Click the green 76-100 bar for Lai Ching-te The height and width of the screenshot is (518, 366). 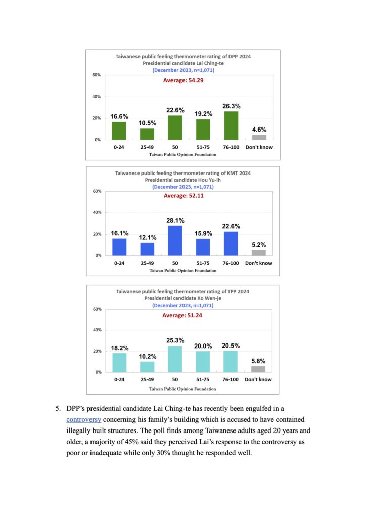[x=231, y=125]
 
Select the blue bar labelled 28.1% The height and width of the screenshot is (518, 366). [x=175, y=240]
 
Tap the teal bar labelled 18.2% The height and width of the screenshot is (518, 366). [x=119, y=363]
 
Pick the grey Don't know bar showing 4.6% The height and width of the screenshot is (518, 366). [x=259, y=137]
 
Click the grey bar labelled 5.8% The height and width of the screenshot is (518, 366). [x=258, y=369]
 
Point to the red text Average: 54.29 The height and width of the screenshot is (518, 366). [x=183, y=80]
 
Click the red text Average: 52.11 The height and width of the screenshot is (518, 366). [x=184, y=196]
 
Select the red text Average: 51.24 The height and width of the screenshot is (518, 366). [x=182, y=315]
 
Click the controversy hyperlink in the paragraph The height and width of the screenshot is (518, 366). [x=83, y=419]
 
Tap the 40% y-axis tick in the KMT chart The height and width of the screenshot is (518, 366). [x=97, y=212]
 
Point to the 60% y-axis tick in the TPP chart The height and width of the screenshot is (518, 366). [x=97, y=309]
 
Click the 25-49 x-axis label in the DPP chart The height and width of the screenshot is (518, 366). [x=147, y=147]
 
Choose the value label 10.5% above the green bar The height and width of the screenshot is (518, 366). [x=147, y=123]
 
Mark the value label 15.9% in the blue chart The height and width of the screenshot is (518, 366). [x=203, y=233]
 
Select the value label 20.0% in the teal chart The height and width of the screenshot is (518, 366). [x=203, y=346]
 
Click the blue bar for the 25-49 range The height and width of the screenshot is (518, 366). [x=147, y=249]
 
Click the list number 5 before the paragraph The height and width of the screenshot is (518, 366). [x=58, y=409]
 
